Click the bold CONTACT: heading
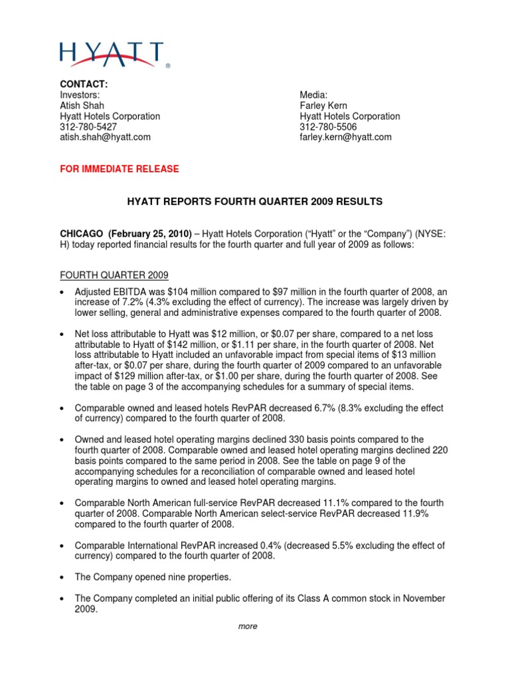click(x=84, y=84)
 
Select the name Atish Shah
click(x=82, y=105)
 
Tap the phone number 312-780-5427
click(x=88, y=126)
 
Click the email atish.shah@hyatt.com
click(x=106, y=137)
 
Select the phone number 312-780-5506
click(x=328, y=126)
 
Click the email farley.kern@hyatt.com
click(x=345, y=137)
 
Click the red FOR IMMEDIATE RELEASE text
click(x=120, y=169)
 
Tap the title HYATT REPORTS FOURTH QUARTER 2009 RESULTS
click(x=254, y=201)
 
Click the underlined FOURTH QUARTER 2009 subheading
click(x=114, y=275)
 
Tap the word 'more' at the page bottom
click(x=248, y=626)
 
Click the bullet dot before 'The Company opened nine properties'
click(x=62, y=577)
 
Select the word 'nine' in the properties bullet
click(x=179, y=577)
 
